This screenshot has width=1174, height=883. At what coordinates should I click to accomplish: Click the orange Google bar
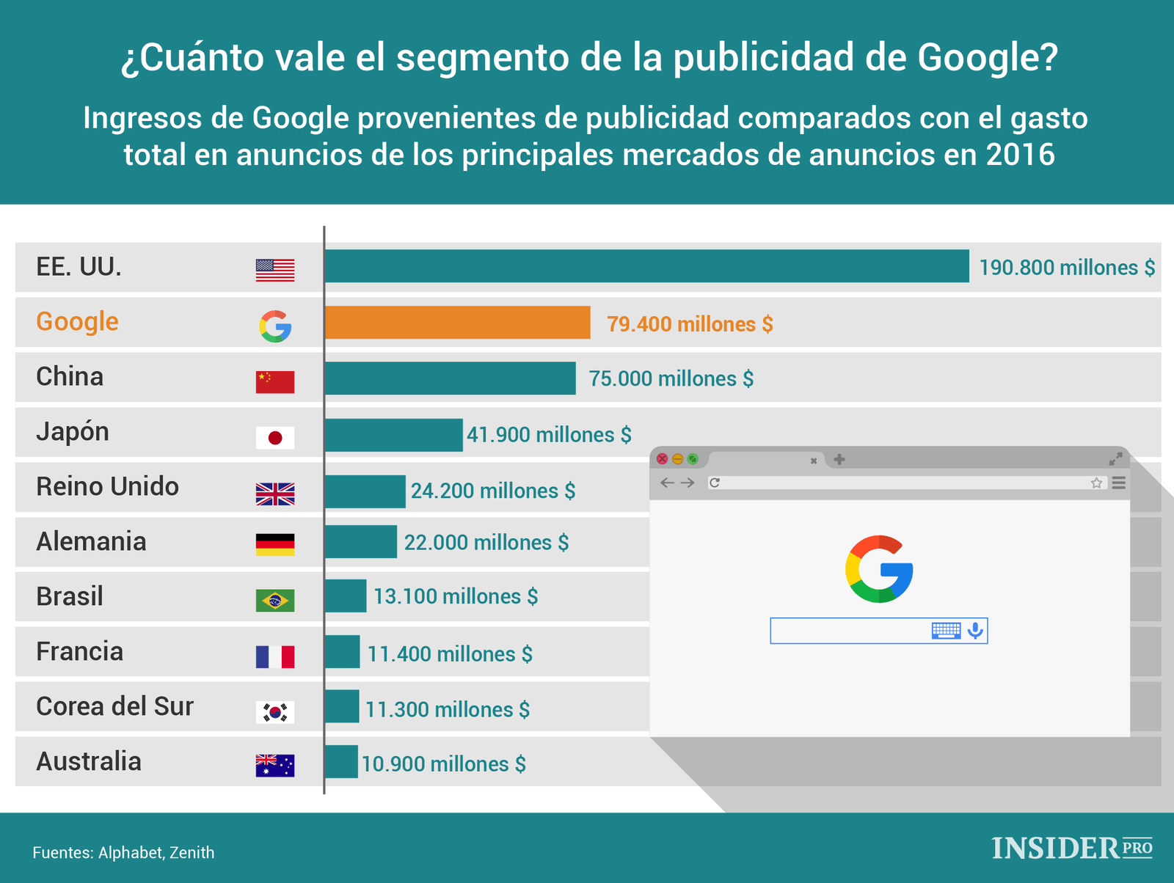point(457,323)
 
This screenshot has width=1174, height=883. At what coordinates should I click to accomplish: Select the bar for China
point(450,378)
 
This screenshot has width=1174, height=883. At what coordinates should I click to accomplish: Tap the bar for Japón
point(393,435)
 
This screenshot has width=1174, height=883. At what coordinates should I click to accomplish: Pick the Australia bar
point(341,762)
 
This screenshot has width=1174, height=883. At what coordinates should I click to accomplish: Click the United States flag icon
point(275,270)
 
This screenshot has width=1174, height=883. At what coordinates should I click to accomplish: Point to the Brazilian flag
point(275,601)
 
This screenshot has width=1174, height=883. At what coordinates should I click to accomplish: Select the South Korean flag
point(275,711)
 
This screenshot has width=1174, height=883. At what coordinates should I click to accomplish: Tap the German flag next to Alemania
point(275,544)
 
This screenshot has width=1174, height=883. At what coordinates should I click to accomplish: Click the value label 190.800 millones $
point(1067,268)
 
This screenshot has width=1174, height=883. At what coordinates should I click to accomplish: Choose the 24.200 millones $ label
point(492,491)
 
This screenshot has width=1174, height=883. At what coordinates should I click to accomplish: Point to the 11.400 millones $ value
point(450,653)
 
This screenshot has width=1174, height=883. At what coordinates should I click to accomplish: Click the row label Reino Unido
point(107,486)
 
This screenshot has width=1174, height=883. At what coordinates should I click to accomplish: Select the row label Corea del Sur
point(114,706)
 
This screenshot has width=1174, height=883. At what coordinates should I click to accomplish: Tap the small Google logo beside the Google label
point(275,326)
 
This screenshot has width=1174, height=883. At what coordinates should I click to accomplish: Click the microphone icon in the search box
point(975,631)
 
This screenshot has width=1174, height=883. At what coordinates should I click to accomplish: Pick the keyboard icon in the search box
point(946,631)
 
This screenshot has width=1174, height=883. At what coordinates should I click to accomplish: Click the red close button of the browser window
point(662,459)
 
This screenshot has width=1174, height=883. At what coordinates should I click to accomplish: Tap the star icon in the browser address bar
point(1096,483)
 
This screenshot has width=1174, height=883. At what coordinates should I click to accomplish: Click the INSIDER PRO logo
point(1071,849)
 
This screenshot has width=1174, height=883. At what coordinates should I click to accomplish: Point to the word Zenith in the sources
point(192,853)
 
